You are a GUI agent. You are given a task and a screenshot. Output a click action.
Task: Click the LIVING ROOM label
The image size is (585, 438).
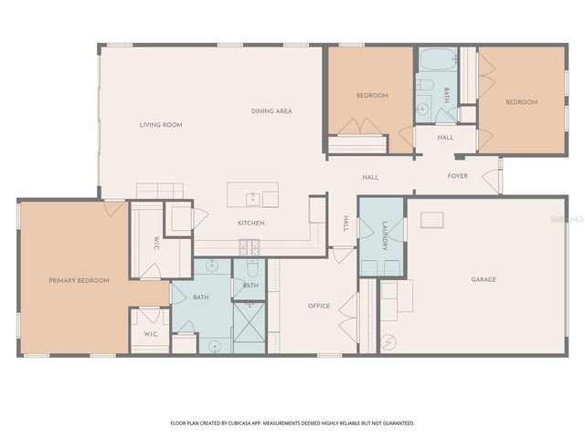(161, 125)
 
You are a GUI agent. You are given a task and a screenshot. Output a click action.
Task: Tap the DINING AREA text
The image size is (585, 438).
(271, 111)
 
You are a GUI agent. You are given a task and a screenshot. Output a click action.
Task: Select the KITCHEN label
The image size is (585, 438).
(251, 223)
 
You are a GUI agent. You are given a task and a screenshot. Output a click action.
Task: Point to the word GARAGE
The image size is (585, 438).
(484, 279)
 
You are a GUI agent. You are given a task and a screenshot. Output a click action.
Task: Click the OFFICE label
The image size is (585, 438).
(318, 306)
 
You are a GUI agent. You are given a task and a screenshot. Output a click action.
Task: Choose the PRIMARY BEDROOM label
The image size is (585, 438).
(79, 280)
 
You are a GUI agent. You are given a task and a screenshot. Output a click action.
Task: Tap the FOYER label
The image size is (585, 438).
(458, 176)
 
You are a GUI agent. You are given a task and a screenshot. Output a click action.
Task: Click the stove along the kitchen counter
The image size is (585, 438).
(250, 245)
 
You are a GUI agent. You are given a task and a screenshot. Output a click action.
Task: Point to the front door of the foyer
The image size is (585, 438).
(500, 176)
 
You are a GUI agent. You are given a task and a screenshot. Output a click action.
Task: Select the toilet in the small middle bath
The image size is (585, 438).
(251, 270)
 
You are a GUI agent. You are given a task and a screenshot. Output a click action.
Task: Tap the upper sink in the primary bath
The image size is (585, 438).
(212, 267)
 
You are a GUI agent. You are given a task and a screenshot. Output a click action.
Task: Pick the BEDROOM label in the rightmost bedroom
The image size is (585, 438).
(522, 102)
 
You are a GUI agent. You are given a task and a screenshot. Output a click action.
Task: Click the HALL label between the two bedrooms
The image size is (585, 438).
(445, 138)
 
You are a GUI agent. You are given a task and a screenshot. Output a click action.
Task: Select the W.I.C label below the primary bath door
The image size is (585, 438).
(150, 334)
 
